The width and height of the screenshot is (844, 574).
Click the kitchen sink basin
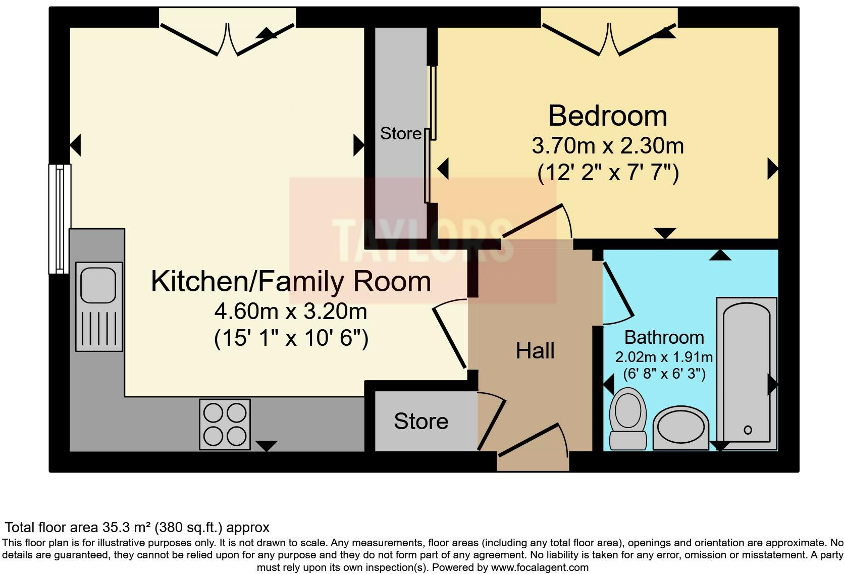98,285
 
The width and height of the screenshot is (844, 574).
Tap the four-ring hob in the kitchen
225,425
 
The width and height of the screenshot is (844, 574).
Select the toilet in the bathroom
628,419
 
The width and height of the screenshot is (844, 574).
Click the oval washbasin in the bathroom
681,428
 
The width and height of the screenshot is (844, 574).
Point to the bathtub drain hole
748,430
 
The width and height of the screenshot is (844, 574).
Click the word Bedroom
608,116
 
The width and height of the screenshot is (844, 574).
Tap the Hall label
535,351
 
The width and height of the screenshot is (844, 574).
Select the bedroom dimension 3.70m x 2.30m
608,146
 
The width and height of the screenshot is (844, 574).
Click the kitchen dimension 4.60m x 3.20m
290,311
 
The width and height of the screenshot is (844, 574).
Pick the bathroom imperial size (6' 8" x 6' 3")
664,374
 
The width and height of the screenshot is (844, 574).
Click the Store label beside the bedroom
400,133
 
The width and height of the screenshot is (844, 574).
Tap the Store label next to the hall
421,421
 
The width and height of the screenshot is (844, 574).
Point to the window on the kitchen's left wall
60,219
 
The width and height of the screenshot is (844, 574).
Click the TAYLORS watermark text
423,240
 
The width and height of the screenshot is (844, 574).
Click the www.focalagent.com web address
540,567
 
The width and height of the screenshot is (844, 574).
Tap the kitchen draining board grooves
99,328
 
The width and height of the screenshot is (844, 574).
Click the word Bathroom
664,337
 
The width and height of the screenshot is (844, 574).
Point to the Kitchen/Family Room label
290,282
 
